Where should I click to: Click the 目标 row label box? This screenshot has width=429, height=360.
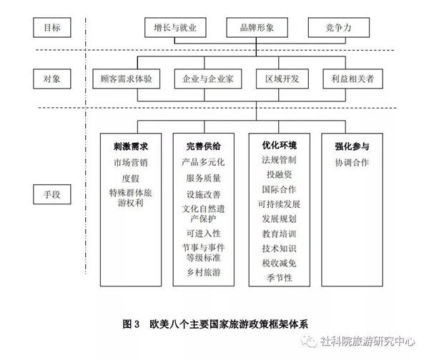tap(52, 27)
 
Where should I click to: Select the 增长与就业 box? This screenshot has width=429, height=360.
tap(175, 27)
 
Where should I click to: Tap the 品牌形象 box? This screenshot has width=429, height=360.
tap(257, 27)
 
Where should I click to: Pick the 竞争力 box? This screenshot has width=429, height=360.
tap(339, 27)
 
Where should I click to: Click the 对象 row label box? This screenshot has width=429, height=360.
tap(52, 79)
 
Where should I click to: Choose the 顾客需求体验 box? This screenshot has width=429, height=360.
tap(126, 79)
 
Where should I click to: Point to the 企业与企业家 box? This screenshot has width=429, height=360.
tap(208, 79)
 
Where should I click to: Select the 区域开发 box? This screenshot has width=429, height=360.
tap(282, 79)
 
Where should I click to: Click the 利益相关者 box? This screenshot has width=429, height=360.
tap(352, 79)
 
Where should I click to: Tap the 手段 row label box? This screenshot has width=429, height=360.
tap(52, 194)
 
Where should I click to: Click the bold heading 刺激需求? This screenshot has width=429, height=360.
tap(131, 146)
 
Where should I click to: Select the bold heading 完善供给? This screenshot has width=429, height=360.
tap(203, 146)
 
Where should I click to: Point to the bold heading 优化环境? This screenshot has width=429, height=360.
tap(279, 145)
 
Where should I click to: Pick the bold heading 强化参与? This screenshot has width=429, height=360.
tap(352, 146)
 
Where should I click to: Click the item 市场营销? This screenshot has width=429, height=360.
tap(131, 162)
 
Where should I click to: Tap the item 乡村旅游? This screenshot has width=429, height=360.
tap(204, 272)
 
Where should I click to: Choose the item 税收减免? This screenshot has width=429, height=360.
tap(279, 263)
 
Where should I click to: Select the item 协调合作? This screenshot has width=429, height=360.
tap(352, 162)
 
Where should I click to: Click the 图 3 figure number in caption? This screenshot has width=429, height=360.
tap(131, 324)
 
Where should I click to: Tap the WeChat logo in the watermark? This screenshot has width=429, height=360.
tap(309, 341)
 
